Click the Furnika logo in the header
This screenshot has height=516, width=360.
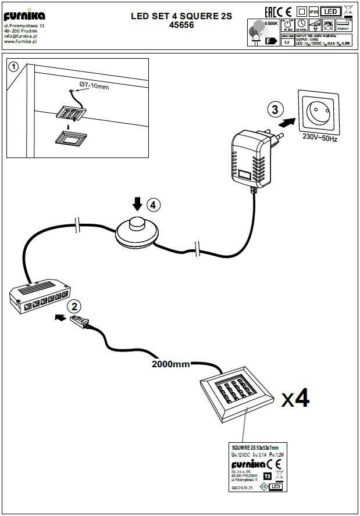tap(24, 15)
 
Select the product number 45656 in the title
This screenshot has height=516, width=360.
tap(181, 26)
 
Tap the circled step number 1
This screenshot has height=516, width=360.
tap(15, 66)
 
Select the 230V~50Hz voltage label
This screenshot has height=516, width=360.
tap(321, 139)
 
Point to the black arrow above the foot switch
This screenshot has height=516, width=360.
tap(137, 203)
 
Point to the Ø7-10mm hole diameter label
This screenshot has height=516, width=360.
tap(94, 87)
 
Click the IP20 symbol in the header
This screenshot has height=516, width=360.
tap(313, 11)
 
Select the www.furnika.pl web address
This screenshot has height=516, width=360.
tap(21, 41)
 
